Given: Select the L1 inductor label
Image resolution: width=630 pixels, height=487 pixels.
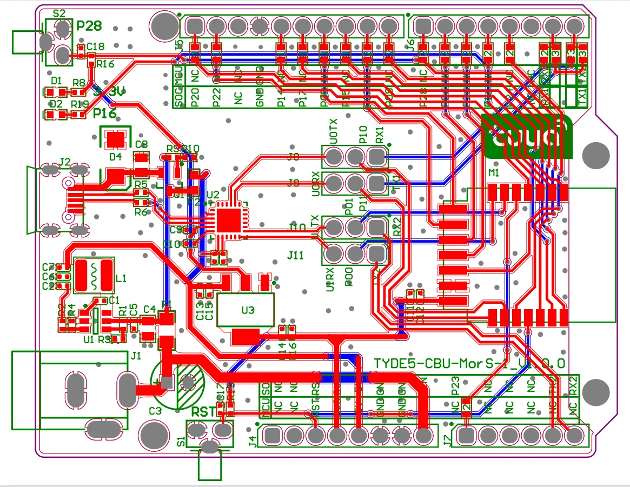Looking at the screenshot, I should (x=121, y=278).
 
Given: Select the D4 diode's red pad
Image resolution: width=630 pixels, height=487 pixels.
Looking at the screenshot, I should (x=115, y=139).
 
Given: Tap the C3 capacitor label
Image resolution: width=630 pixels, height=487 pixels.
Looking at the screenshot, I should (x=155, y=411).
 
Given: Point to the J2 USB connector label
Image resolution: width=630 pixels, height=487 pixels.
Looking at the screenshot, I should (x=64, y=161).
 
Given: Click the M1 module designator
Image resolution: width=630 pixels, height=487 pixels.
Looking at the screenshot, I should (x=493, y=172).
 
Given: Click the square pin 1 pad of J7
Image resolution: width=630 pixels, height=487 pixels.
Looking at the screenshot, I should (x=467, y=435).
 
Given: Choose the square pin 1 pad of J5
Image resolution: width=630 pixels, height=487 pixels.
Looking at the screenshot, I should (x=195, y=25).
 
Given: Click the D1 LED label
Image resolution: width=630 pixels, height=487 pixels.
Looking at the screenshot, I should (x=56, y=81).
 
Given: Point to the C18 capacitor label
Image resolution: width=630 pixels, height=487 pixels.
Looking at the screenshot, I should (x=95, y=46).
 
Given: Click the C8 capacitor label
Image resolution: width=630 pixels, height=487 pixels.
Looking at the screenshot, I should (x=142, y=144).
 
